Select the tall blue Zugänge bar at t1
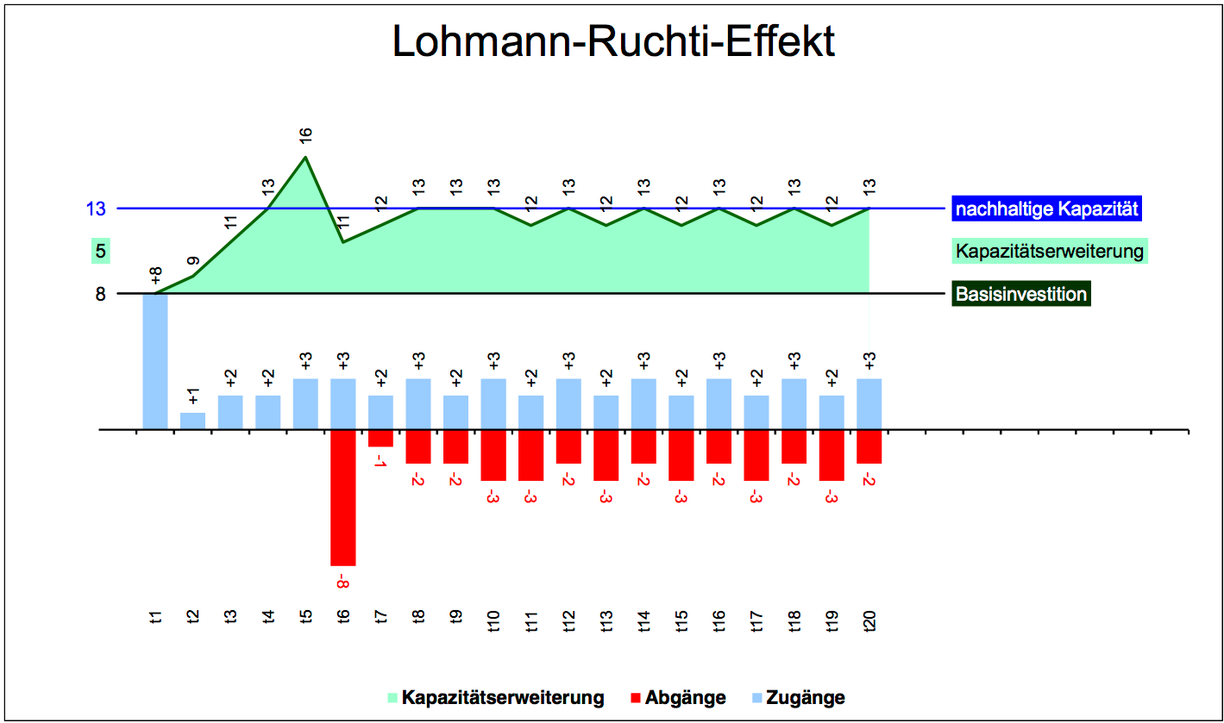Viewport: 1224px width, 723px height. [155, 361]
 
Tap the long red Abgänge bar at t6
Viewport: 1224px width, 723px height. [342, 497]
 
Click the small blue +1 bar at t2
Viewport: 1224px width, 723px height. [192, 421]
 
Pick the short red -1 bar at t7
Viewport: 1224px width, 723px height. [380, 438]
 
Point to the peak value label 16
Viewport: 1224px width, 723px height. [305, 135]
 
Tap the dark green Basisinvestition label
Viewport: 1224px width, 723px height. [1021, 294]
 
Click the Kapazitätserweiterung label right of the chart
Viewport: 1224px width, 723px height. [1050, 252]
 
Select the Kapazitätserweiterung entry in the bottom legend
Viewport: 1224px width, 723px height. [495, 697]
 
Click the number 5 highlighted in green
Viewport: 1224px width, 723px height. [101, 252]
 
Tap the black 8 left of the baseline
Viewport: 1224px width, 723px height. [100, 294]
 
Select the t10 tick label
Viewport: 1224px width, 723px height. [493, 621]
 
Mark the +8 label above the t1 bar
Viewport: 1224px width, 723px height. [155, 277]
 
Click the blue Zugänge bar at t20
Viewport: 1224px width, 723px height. [869, 403]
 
